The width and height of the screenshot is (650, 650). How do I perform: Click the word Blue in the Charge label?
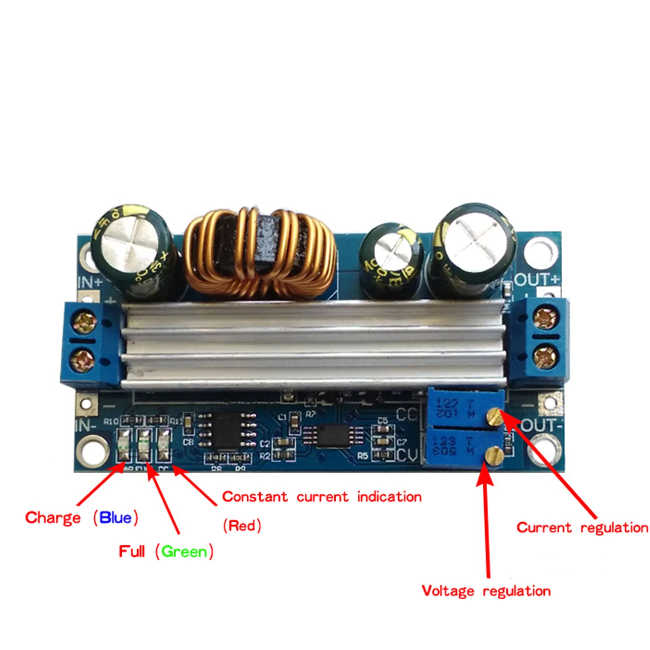(x=115, y=517)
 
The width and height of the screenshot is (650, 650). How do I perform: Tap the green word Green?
(x=184, y=552)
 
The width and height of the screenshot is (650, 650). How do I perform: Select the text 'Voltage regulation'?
(x=486, y=591)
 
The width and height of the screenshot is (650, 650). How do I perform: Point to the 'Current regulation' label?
(x=582, y=527)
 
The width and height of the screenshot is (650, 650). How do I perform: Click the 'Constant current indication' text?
(x=322, y=497)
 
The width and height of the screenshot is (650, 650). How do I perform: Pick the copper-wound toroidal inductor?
(x=259, y=252)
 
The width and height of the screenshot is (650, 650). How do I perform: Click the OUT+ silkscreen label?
(x=537, y=279)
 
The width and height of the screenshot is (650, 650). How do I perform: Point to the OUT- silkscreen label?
(x=541, y=426)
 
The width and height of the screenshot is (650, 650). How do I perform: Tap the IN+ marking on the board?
(x=90, y=282)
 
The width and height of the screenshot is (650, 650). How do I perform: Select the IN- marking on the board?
(x=85, y=426)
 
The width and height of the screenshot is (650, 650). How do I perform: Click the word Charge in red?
(x=53, y=517)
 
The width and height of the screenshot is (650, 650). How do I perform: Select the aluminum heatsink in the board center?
(x=315, y=345)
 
